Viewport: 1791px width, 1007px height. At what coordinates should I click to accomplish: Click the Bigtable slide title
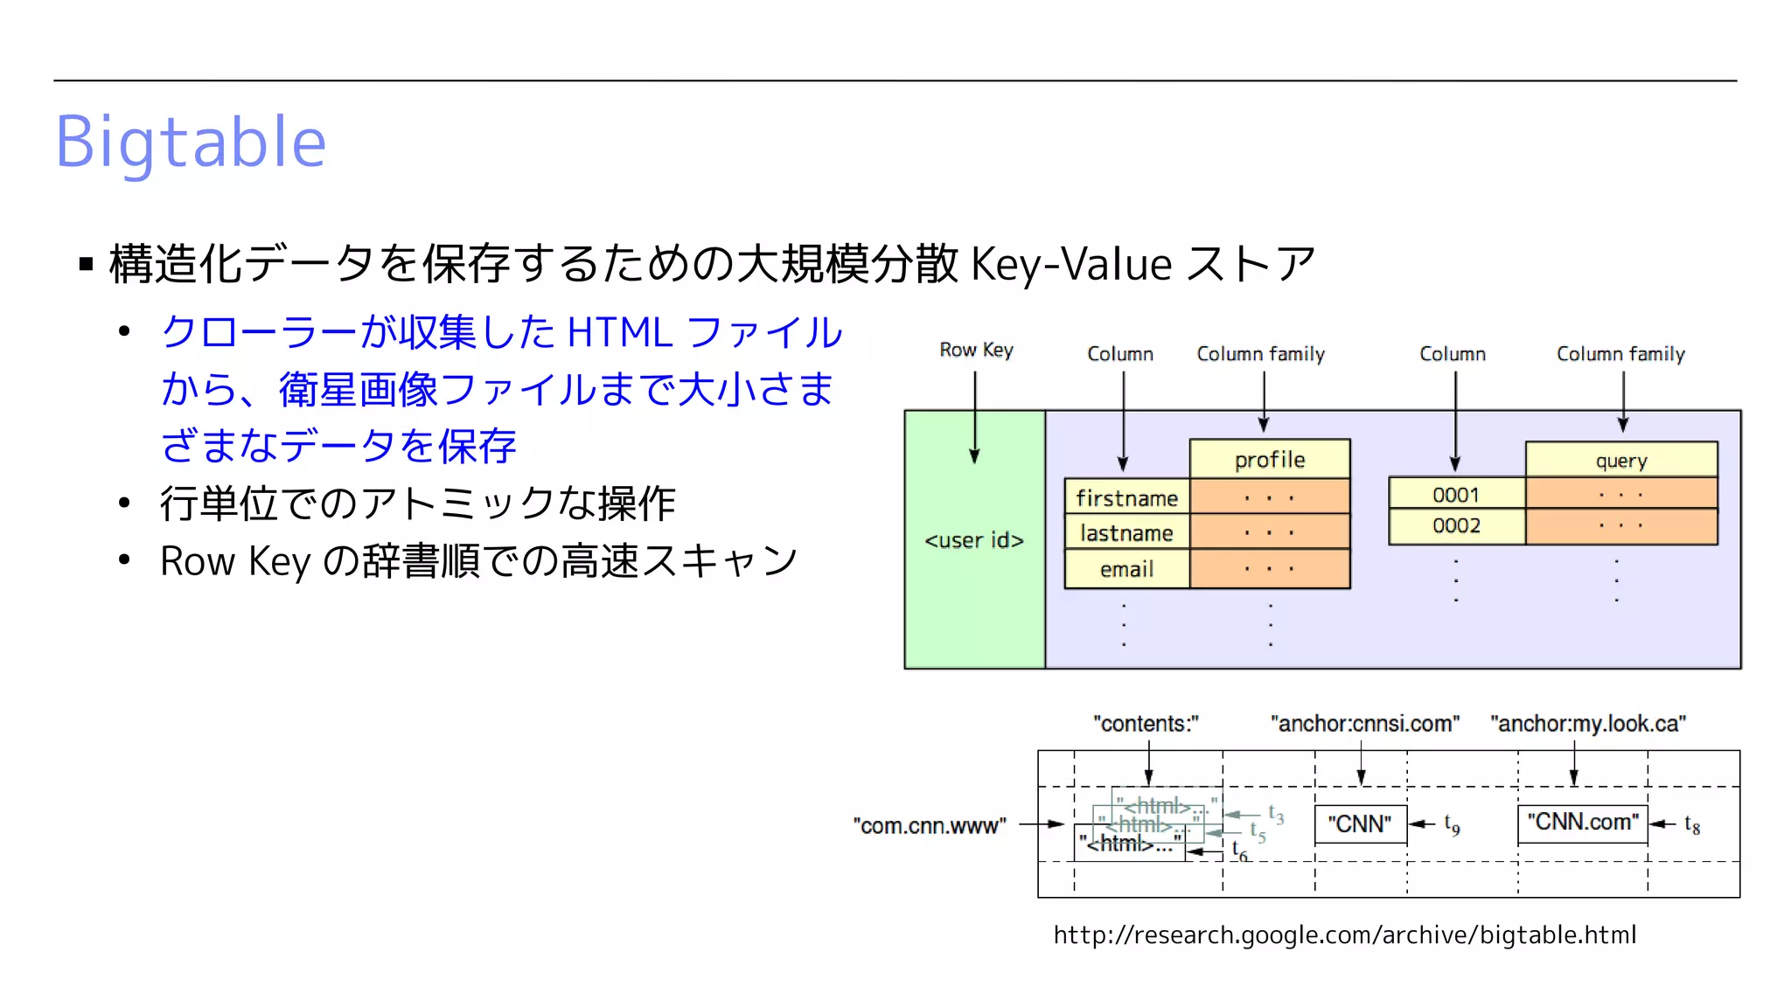(191, 142)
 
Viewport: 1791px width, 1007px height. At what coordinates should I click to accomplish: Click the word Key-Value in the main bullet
(1070, 264)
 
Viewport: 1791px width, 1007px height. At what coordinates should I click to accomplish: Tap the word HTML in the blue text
(619, 333)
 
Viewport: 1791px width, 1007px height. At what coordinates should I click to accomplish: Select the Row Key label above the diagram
(976, 351)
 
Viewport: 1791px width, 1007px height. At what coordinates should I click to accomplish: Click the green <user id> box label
(974, 541)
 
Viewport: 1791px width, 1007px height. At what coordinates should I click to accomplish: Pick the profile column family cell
(1270, 460)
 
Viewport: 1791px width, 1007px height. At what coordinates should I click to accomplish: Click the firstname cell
(1126, 498)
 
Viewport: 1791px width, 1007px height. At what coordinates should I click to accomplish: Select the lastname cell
(1126, 533)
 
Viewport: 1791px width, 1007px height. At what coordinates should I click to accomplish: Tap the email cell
(1126, 570)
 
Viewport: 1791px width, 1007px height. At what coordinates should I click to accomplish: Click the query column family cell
(1621, 461)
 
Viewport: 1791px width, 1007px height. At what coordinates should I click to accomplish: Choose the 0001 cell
(1456, 495)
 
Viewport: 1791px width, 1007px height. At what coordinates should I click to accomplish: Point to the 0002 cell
(1456, 526)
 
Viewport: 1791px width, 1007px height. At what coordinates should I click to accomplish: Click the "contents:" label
(1146, 724)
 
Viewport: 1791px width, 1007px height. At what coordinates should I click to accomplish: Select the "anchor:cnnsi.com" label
(1364, 724)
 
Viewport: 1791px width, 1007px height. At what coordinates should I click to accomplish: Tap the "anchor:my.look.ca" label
(1588, 724)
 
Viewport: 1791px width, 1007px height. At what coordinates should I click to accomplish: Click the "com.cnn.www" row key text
(930, 826)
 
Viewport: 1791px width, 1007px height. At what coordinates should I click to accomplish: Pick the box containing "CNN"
(1360, 824)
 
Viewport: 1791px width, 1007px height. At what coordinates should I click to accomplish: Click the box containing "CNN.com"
(1582, 823)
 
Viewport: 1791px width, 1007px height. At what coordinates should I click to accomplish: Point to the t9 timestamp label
(1452, 824)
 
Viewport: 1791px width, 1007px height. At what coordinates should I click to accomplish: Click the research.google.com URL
(1344, 935)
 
